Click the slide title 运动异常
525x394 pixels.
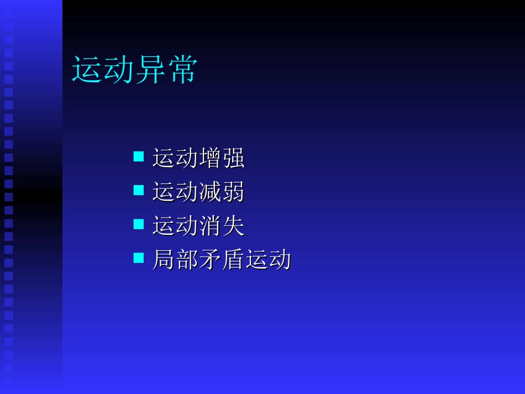(x=134, y=70)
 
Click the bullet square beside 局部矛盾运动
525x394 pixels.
(x=139, y=258)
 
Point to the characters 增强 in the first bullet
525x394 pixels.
(x=222, y=159)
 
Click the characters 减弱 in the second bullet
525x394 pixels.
(x=222, y=192)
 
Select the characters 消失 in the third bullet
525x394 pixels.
(x=222, y=226)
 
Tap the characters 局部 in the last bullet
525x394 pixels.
(x=175, y=260)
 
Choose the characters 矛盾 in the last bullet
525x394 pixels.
(x=222, y=260)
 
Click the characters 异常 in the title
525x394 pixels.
(x=166, y=70)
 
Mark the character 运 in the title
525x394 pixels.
(x=87, y=70)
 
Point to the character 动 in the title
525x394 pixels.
(x=118, y=70)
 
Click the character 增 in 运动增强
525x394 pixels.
(x=210, y=159)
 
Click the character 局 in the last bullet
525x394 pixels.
(x=164, y=260)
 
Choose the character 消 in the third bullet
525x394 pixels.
(x=210, y=226)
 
